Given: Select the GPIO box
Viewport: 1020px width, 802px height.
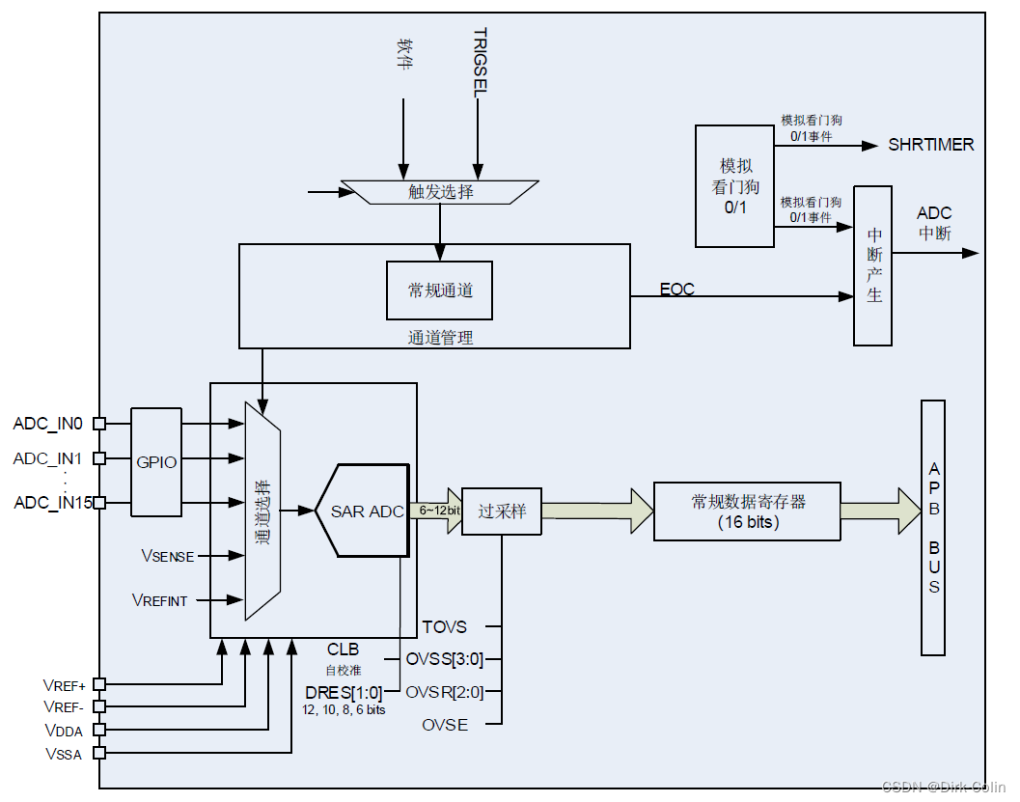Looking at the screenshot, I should (156, 462).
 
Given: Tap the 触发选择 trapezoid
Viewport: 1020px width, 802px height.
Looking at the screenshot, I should (440, 192).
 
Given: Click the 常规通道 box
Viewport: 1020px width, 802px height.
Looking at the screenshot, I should (439, 290).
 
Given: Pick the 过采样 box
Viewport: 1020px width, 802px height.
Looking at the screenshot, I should (502, 512).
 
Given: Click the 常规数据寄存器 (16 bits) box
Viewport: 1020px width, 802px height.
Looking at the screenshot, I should (748, 512).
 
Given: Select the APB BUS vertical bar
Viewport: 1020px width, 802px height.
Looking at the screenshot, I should (933, 528).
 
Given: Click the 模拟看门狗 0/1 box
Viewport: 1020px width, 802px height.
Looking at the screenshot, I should (734, 186).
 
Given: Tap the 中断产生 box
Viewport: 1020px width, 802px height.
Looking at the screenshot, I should (872, 265).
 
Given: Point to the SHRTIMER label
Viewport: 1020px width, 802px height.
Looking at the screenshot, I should (930, 145).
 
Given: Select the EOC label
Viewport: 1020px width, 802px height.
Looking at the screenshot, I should (676, 290).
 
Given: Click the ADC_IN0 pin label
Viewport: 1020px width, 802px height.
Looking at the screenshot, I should (47, 423).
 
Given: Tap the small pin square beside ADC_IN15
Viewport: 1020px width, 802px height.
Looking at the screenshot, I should (98, 503).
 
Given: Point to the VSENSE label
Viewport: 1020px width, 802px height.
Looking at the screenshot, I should (167, 556).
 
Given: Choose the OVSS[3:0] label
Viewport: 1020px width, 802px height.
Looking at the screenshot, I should (445, 660).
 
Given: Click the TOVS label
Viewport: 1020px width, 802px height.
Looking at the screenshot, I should (444, 627).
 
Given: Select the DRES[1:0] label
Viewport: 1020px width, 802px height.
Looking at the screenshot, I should (344, 692).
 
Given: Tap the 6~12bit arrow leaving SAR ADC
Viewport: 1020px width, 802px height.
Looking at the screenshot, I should (439, 511).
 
